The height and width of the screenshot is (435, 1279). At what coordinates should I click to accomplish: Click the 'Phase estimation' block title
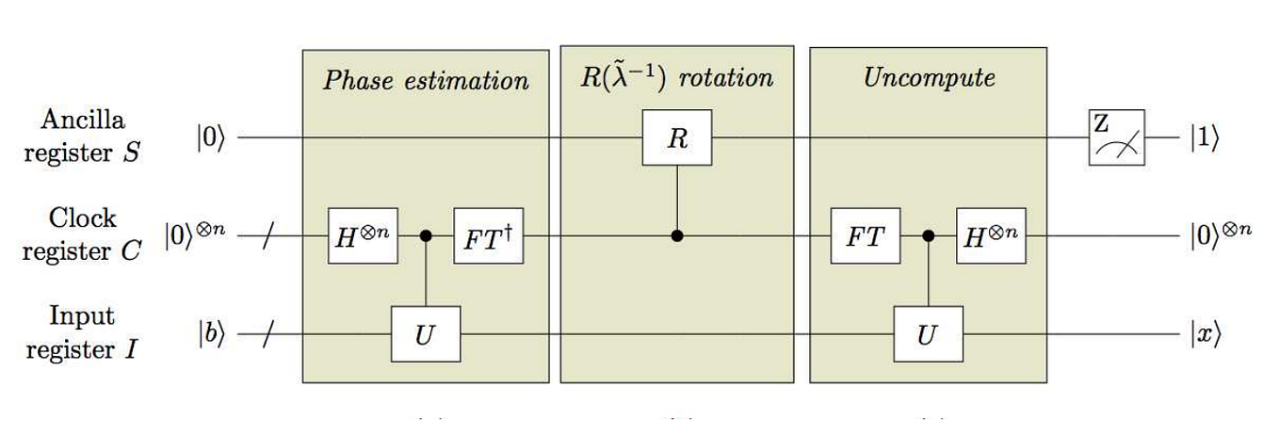426,80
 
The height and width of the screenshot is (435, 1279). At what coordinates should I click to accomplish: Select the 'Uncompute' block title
929,77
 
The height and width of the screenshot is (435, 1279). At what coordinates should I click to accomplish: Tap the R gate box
677,139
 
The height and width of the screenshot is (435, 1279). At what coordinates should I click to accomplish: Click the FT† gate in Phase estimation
488,236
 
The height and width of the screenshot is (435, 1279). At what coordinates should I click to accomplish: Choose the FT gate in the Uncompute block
864,236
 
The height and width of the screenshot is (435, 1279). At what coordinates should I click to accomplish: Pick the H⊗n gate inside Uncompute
992,236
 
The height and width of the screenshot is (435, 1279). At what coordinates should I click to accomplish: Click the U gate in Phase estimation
426,333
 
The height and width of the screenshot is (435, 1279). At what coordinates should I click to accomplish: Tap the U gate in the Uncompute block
929,333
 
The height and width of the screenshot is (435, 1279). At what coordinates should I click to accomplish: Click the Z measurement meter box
1116,137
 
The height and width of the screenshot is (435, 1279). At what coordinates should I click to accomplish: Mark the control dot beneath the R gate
677,236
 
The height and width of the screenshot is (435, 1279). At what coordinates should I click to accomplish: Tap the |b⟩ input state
211,334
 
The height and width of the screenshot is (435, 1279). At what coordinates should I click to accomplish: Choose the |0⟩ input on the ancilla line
211,138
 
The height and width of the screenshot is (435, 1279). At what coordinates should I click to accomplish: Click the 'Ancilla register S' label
83,136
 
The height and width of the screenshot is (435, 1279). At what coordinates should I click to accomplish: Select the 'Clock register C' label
83,234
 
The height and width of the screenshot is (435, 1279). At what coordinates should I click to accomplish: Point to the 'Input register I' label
83,332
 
